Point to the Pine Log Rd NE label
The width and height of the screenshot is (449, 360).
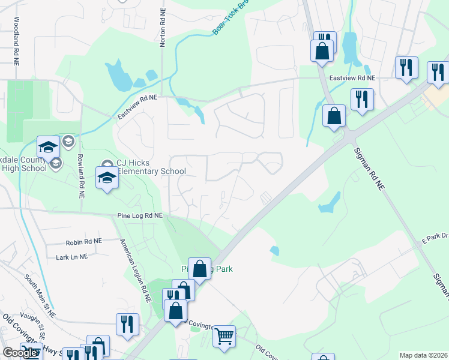(140, 215)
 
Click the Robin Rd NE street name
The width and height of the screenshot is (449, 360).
(83, 241)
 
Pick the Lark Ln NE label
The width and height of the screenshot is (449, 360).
(71, 256)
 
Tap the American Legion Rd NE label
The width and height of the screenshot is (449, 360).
(135, 266)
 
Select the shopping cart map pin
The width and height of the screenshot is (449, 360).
(224, 336)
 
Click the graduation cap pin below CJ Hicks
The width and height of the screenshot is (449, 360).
(107, 178)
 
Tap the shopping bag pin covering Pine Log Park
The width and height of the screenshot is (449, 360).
(200, 269)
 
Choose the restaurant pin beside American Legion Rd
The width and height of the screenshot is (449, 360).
(127, 324)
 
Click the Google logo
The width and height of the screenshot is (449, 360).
(20, 353)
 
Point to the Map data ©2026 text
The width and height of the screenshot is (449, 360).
(423, 355)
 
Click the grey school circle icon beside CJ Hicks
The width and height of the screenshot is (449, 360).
(107, 164)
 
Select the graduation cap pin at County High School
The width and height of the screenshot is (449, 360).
(47, 147)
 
